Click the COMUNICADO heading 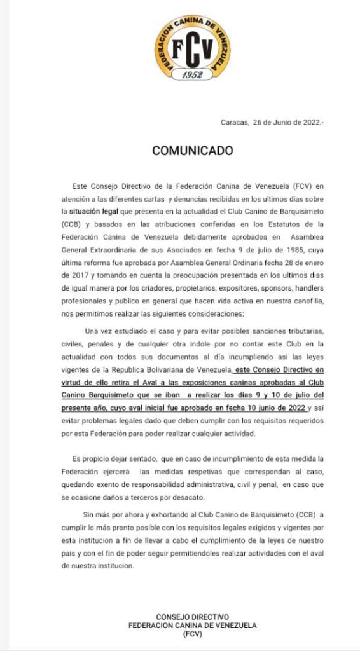click(193, 151)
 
